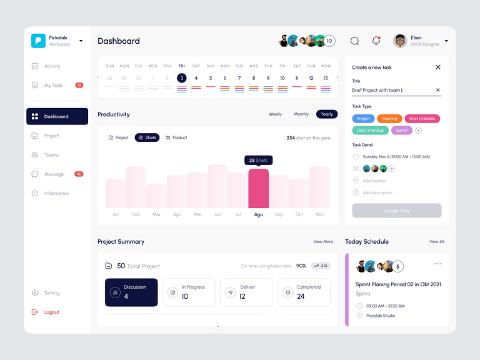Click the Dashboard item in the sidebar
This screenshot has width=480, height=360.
click(56, 116)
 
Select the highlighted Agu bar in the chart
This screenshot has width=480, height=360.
click(258, 188)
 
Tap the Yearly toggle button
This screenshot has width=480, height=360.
click(326, 114)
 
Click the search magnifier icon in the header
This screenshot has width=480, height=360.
click(354, 41)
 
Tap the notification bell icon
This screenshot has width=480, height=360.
click(376, 41)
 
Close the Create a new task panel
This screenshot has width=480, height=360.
click(437, 67)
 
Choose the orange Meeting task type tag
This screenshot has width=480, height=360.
click(389, 119)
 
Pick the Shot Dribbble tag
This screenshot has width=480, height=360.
click(422, 119)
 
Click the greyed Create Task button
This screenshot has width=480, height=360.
click(396, 211)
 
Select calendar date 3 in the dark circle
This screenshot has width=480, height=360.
click(181, 78)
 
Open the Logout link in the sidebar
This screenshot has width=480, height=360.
click(51, 312)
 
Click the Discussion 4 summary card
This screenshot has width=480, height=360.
click(131, 292)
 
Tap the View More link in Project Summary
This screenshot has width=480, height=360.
click(322, 241)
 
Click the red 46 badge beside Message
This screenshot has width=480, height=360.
click(79, 174)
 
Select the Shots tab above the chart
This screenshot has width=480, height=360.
click(147, 137)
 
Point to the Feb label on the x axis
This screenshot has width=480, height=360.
click(136, 214)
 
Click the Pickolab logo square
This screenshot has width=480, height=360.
click(39, 41)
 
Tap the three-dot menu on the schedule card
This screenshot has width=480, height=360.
click(437, 264)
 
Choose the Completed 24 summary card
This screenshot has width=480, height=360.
click(304, 292)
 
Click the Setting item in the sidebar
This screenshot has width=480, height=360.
click(51, 292)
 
